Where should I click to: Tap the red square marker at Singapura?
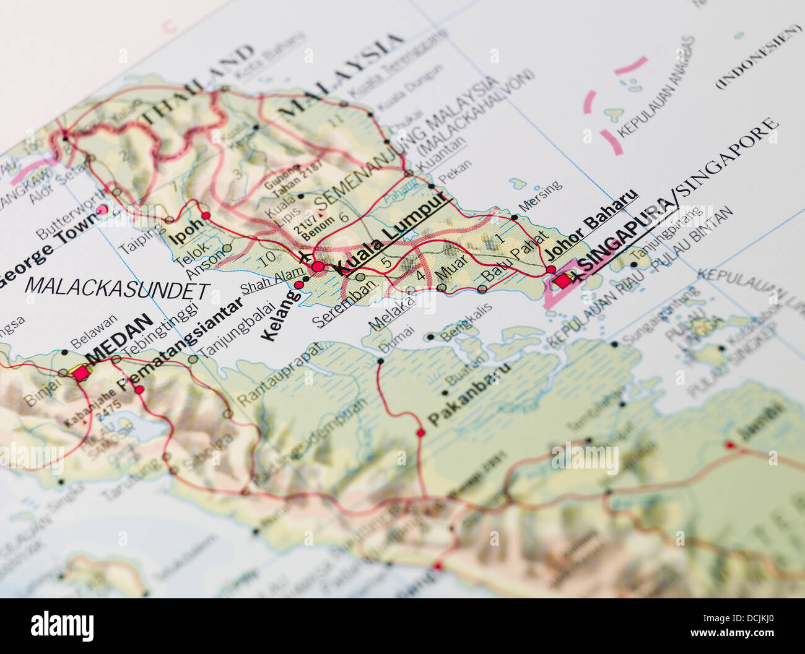[x=563, y=280]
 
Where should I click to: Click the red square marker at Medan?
[x=80, y=372]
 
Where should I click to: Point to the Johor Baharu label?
[x=591, y=224]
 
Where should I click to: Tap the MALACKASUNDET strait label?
[x=117, y=288]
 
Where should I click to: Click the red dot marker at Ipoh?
[x=206, y=216]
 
